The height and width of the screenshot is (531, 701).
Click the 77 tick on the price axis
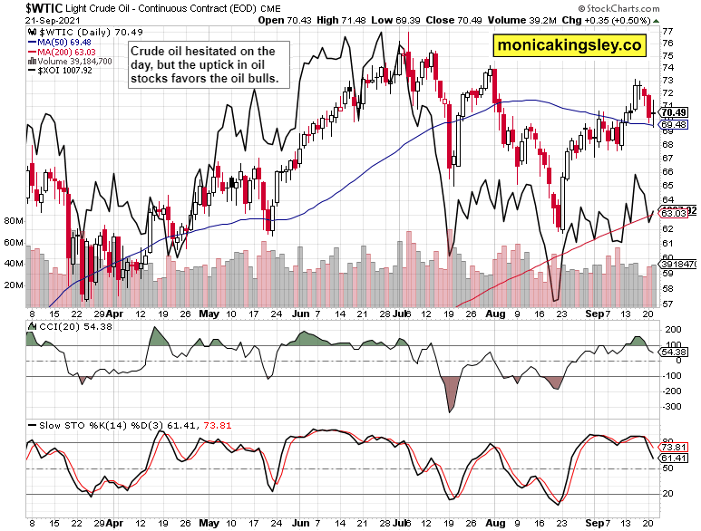click(x=667, y=31)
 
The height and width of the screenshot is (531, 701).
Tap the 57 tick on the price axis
click(x=667, y=303)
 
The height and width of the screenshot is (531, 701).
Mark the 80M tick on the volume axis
click(x=14, y=220)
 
